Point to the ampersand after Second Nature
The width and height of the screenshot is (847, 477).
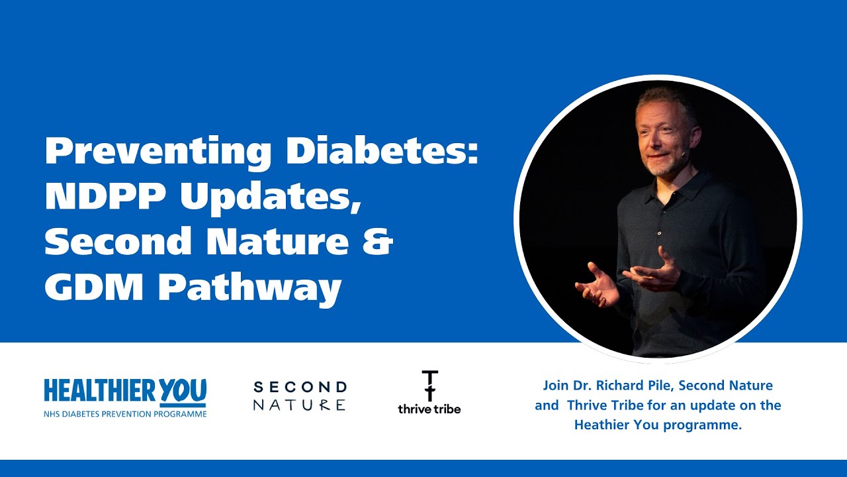(378, 242)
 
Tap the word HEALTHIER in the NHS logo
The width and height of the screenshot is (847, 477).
(93, 391)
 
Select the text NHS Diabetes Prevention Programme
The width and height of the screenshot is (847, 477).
(125, 414)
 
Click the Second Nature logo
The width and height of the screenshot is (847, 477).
(300, 396)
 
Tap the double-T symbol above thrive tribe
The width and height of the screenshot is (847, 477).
(429, 385)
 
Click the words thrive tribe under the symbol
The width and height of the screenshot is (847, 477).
(429, 409)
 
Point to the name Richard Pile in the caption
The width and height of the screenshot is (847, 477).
(636, 385)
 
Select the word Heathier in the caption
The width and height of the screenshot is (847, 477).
(598, 425)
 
